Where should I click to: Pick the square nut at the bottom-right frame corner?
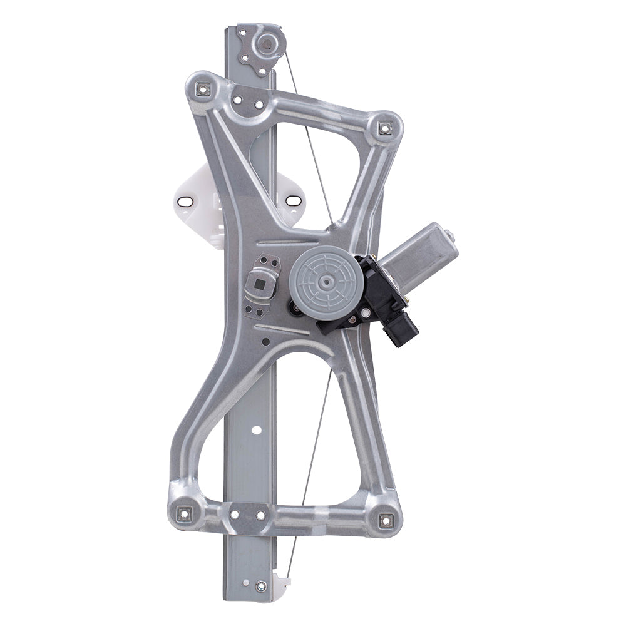[383, 518]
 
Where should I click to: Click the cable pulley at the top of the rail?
[267, 43]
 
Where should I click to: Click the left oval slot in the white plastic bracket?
[184, 202]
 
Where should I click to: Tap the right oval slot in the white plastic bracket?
[294, 202]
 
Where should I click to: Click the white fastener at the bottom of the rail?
[260, 586]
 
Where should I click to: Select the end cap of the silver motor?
[449, 237]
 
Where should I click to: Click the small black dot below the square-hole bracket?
[266, 342]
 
